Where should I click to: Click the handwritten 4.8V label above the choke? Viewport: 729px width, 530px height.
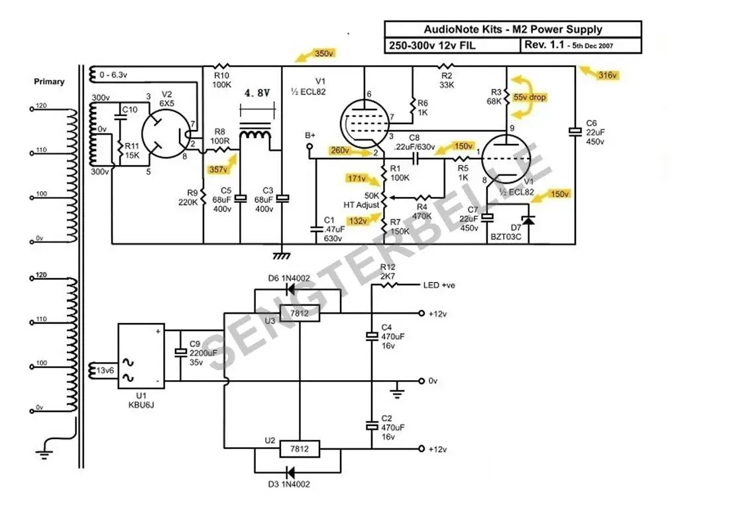click(256, 94)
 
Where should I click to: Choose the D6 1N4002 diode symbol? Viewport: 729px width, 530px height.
click(290, 289)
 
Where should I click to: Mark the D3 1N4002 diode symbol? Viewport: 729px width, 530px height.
click(290, 471)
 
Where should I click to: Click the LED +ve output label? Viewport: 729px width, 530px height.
click(439, 285)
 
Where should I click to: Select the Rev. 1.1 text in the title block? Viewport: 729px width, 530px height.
click(545, 45)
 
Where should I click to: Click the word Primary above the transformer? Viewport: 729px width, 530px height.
click(50, 82)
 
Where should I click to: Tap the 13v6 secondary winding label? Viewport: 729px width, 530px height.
click(105, 369)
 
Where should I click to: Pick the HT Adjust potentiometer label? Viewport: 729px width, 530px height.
click(361, 205)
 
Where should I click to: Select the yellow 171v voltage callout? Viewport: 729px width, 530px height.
click(356, 178)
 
